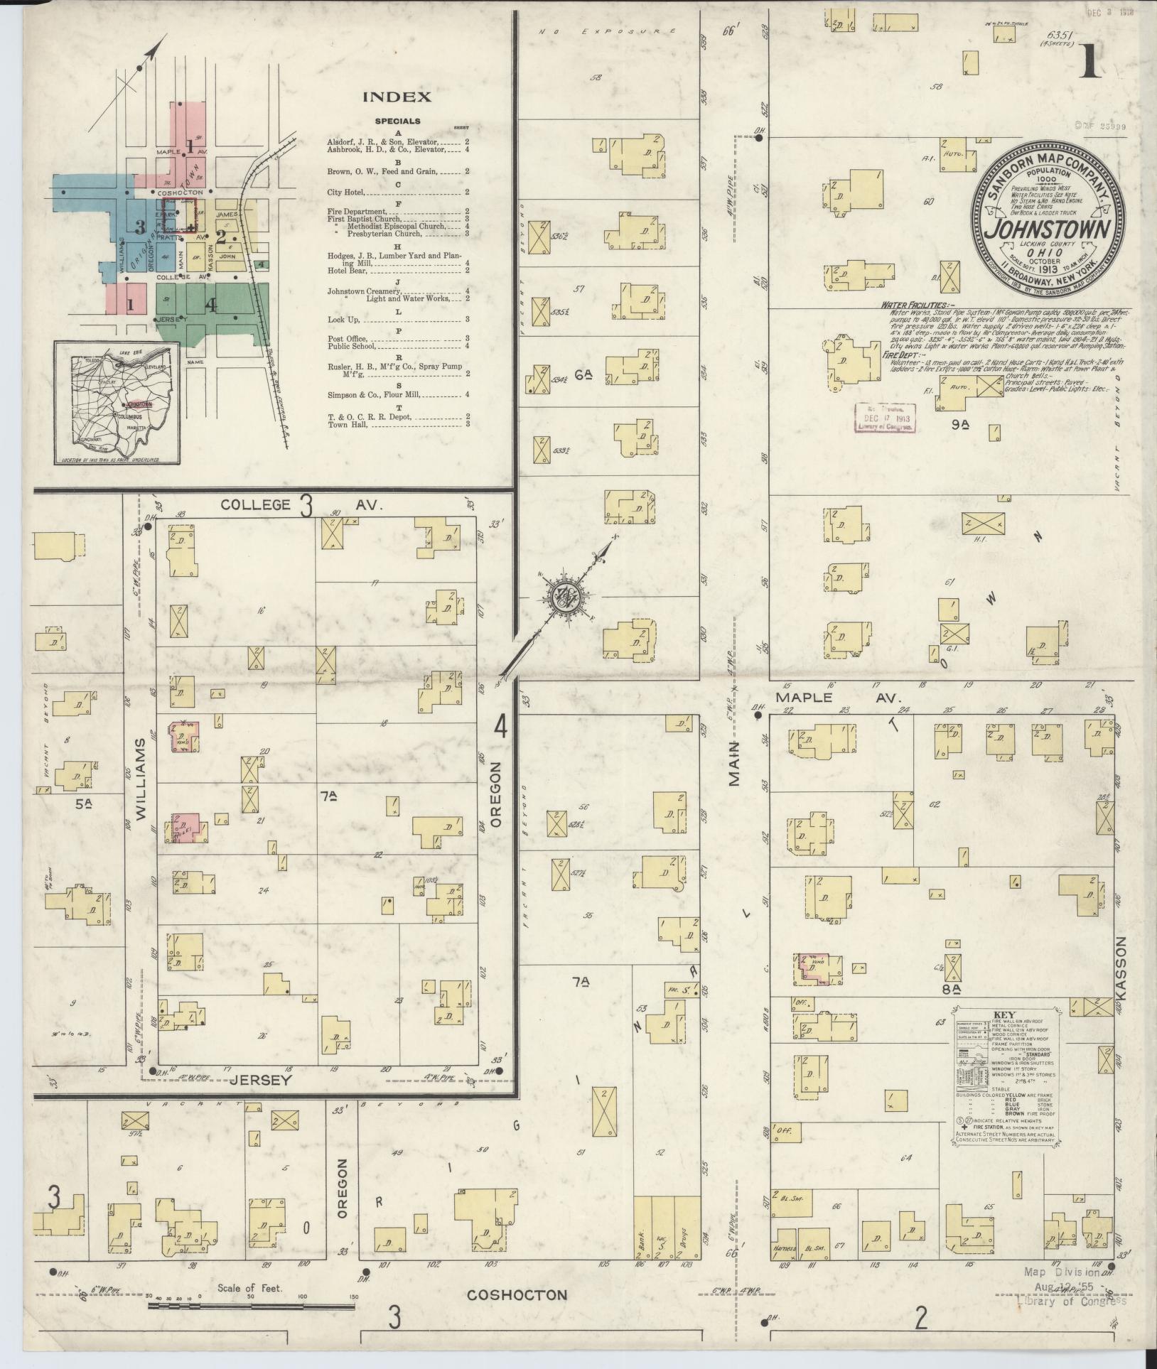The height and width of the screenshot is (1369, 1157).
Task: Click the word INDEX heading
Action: tap(397, 97)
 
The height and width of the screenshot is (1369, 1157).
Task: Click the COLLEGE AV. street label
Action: tap(302, 505)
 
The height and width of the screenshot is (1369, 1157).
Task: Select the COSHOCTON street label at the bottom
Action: tap(517, 1294)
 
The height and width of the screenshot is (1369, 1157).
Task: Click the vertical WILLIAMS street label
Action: tap(141, 779)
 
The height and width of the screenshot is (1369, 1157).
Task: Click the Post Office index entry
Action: tap(347, 338)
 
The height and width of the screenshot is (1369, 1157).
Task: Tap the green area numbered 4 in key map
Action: tap(210, 305)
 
